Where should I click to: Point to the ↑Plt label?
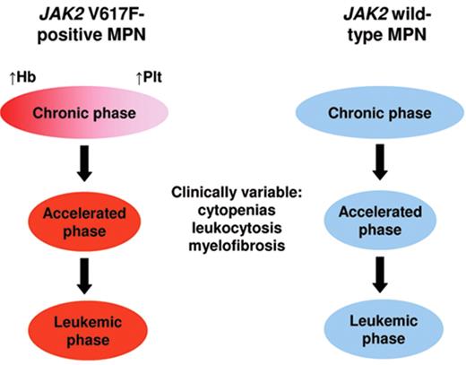(x=149, y=79)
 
